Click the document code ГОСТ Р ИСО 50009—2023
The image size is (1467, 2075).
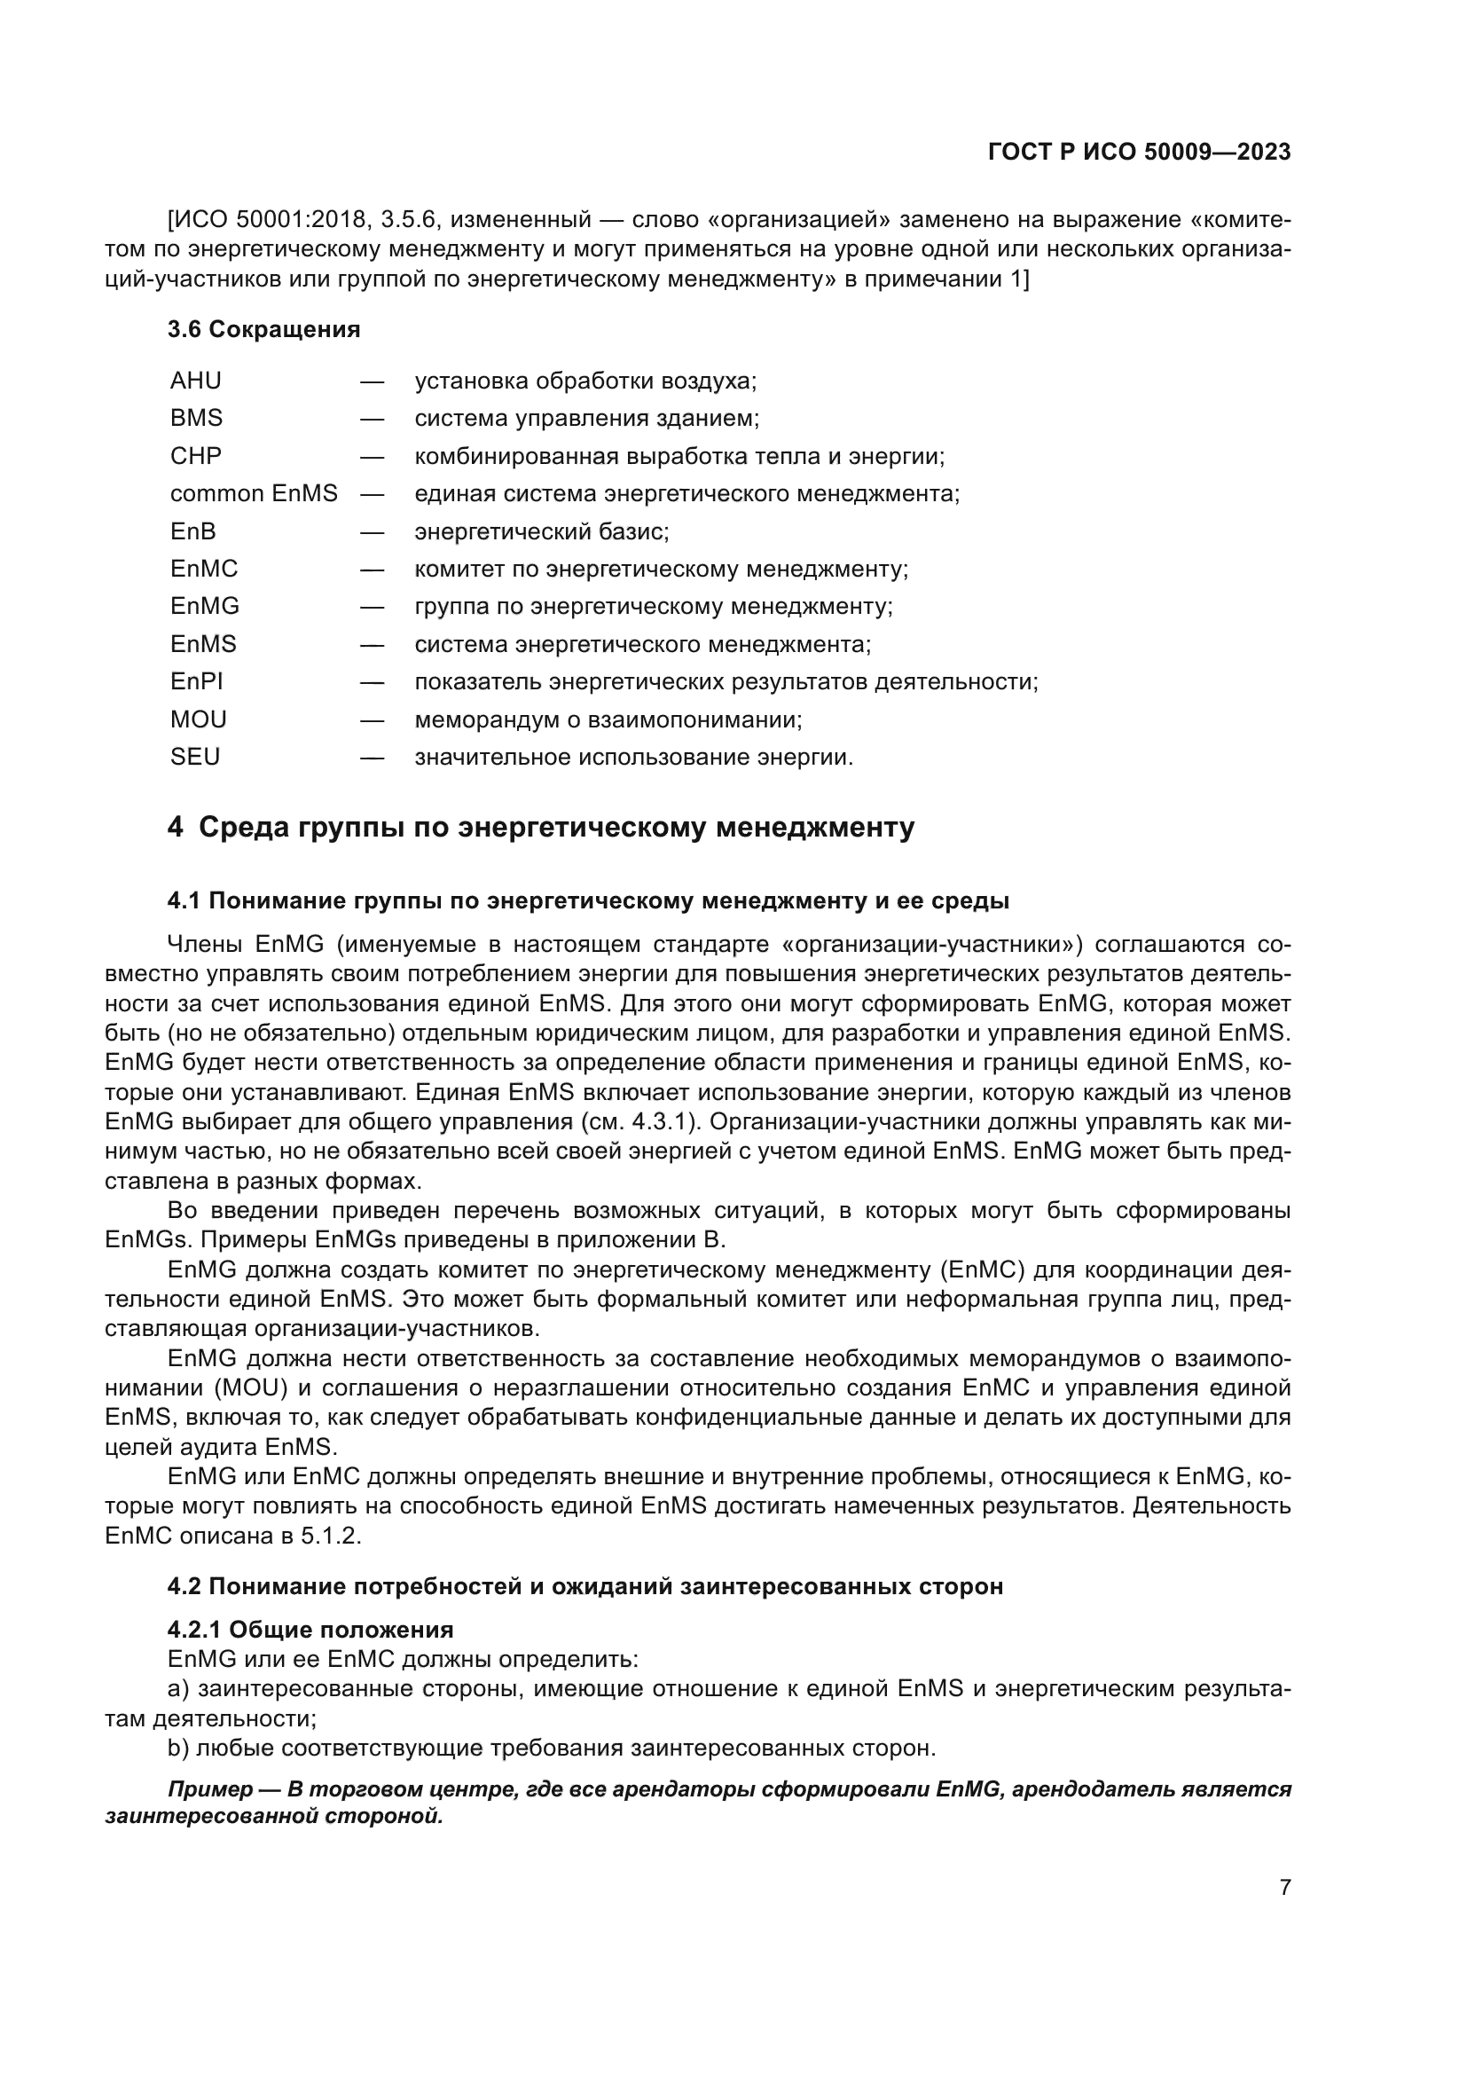pyautogui.click(x=1139, y=153)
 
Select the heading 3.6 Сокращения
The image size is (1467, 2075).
pyautogui.click(x=263, y=330)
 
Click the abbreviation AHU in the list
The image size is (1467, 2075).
pyautogui.click(x=195, y=381)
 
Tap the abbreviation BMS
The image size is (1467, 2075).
pyautogui.click(x=196, y=419)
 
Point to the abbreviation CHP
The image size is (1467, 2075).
pyautogui.click(x=195, y=456)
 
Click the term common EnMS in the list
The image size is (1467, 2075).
pyautogui.click(x=253, y=493)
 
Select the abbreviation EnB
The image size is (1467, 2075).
pyautogui.click(x=192, y=531)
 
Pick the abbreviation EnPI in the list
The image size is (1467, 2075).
pyautogui.click(x=196, y=681)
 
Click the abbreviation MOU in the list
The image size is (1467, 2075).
pyautogui.click(x=198, y=719)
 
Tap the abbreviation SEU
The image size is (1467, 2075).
pyautogui.click(x=194, y=757)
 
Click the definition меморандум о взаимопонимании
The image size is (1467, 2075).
pyautogui.click(x=608, y=720)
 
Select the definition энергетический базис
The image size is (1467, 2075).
pyautogui.click(x=541, y=531)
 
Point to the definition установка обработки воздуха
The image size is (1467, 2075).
pyautogui.click(x=585, y=381)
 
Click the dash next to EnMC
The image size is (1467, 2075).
pyautogui.click(x=372, y=570)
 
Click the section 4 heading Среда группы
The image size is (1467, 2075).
pyautogui.click(x=540, y=827)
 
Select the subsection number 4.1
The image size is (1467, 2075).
pyautogui.click(x=184, y=901)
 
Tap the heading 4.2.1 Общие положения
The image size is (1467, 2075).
pyautogui.click(x=310, y=1630)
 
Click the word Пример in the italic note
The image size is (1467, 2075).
pyautogui.click(x=209, y=1789)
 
